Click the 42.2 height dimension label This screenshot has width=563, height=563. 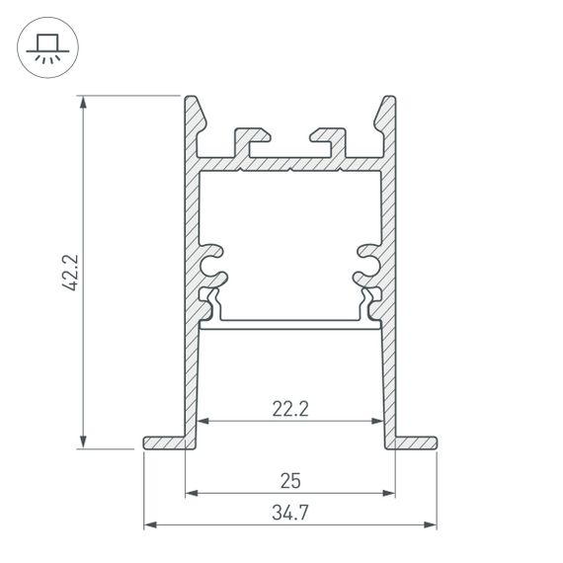[68, 272]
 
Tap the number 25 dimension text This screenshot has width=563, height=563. [290, 481]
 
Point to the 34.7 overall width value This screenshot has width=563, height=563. [290, 514]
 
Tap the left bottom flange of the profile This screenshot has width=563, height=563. [164, 442]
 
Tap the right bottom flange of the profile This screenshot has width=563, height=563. [416, 442]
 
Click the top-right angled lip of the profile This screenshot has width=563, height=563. [385, 113]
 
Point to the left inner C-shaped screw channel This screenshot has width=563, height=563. [210, 262]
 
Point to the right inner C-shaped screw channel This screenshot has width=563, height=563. [368, 262]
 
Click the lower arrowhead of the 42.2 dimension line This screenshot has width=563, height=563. [84, 442]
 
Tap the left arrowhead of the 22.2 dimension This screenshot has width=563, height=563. [204, 421]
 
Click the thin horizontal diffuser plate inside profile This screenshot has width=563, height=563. [289, 322]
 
